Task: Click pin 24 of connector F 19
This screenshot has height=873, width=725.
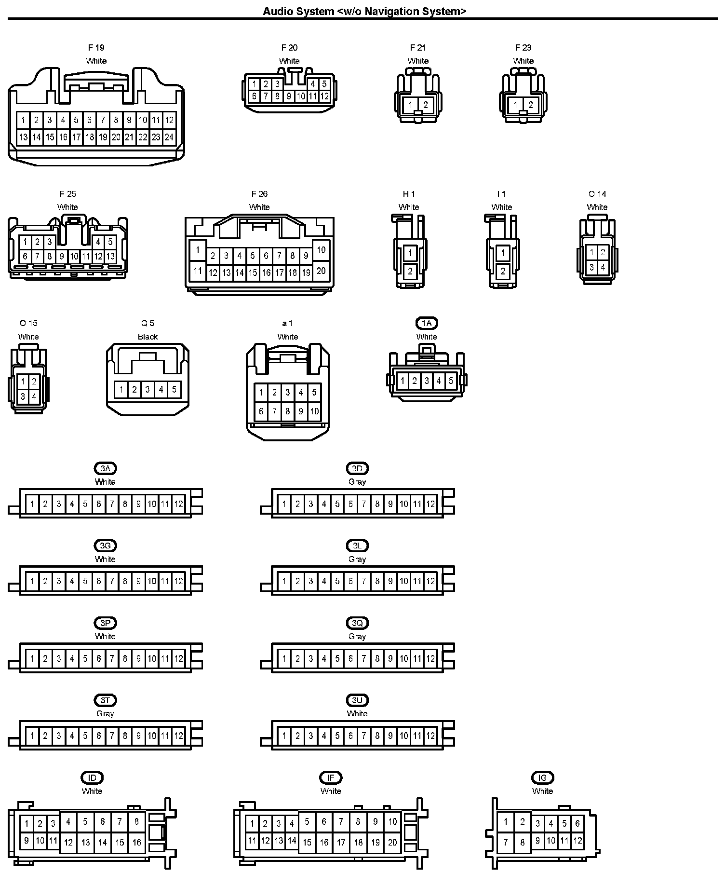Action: [169, 137]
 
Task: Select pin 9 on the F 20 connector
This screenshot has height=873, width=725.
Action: [289, 96]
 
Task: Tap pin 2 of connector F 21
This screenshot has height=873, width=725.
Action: [426, 105]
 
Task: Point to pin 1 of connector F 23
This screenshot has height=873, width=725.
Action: [516, 105]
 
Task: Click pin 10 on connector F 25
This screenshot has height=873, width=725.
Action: [74, 257]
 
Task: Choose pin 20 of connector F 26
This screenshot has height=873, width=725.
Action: [321, 271]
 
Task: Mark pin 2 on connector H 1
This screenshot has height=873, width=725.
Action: [410, 271]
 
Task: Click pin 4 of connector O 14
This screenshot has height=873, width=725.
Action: [603, 267]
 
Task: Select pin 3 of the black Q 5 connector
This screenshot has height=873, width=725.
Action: [148, 389]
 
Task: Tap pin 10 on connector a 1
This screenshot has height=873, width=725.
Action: [314, 411]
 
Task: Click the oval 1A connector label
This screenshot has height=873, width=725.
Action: [427, 323]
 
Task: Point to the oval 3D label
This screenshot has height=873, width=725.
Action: [357, 468]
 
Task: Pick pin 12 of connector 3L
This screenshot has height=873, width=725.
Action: [430, 581]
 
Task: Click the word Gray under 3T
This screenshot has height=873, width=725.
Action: [105, 713]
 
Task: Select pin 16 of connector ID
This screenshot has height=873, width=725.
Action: [137, 842]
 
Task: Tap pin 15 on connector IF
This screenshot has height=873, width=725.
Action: [307, 842]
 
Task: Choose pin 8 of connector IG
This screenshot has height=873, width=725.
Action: [523, 842]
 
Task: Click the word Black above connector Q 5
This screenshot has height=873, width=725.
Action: [148, 337]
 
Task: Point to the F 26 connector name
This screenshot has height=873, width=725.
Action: [259, 194]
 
